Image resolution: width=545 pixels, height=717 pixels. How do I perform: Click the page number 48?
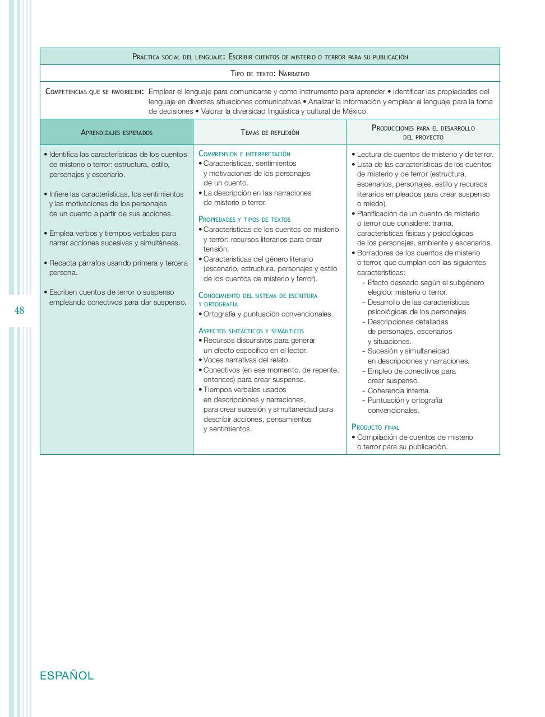(19, 310)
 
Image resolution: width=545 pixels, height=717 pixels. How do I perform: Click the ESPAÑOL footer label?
(67, 676)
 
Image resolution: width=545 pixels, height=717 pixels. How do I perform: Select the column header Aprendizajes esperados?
(117, 133)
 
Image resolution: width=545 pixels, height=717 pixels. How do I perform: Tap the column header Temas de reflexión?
(270, 133)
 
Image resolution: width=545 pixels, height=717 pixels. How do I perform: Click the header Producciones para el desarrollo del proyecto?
(423, 132)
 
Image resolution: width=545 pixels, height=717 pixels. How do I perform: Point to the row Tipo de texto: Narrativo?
(270, 73)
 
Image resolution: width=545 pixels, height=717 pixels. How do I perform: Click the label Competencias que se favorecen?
(94, 92)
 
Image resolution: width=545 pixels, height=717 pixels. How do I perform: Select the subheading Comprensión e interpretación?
(244, 153)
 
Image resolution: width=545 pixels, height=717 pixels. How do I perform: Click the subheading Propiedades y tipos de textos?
(244, 220)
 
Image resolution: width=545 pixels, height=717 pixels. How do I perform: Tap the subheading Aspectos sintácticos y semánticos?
(251, 331)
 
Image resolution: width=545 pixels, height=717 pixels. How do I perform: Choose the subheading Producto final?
(375, 427)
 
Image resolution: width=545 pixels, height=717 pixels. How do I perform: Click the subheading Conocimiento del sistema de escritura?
(258, 295)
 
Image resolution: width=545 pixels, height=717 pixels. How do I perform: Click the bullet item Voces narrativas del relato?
(246, 360)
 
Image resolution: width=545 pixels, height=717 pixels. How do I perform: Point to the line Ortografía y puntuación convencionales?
(268, 314)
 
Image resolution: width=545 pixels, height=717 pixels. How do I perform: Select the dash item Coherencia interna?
(399, 390)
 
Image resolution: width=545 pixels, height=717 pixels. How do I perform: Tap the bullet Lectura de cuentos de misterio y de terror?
(425, 155)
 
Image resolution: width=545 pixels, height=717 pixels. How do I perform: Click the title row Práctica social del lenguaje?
(270, 57)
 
